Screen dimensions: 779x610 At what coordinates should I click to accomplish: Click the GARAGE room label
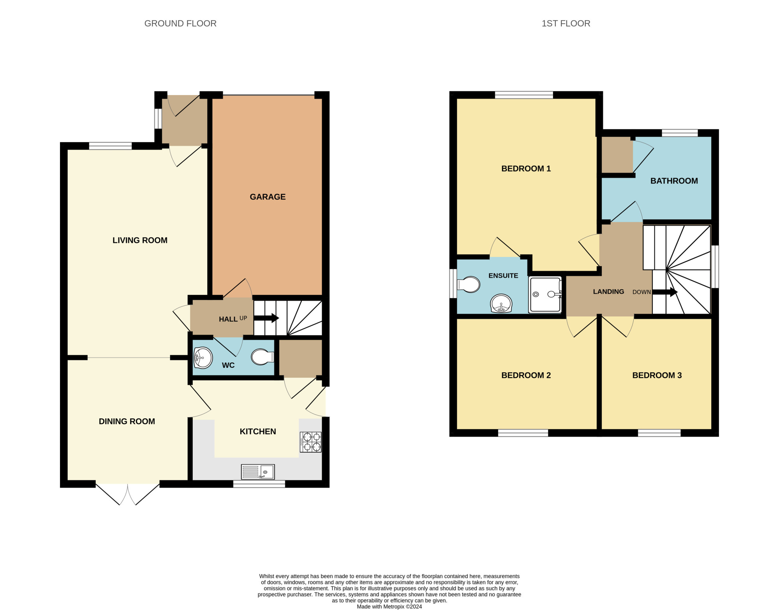(x=268, y=197)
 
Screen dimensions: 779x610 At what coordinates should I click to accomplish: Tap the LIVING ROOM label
(x=140, y=240)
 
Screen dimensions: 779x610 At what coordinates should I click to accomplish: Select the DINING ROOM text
(x=127, y=421)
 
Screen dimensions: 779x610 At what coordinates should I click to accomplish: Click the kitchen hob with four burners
(x=310, y=442)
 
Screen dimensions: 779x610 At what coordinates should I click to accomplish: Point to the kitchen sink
(x=258, y=472)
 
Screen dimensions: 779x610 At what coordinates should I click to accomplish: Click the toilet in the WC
(x=263, y=357)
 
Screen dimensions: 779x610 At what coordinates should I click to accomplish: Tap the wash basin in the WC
(x=203, y=358)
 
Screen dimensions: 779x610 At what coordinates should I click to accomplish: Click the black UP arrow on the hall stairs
(x=266, y=318)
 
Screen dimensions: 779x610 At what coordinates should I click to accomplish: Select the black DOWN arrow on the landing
(x=665, y=292)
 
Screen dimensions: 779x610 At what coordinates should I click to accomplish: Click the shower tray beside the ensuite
(x=545, y=294)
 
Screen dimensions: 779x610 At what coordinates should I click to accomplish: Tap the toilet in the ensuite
(x=468, y=284)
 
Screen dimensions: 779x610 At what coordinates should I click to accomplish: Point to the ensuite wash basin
(x=501, y=303)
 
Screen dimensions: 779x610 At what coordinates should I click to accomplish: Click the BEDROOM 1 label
(x=526, y=169)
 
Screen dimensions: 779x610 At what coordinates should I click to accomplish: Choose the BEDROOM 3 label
(x=657, y=375)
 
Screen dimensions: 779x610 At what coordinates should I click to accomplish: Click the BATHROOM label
(x=674, y=181)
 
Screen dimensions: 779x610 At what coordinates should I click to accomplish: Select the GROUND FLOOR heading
(x=180, y=23)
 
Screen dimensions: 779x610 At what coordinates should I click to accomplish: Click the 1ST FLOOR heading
(x=566, y=23)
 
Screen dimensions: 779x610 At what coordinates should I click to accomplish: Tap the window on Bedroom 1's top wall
(x=524, y=95)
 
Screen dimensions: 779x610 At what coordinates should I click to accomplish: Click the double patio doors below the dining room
(x=128, y=494)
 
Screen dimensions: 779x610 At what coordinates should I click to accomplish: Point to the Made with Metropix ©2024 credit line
(x=389, y=606)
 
